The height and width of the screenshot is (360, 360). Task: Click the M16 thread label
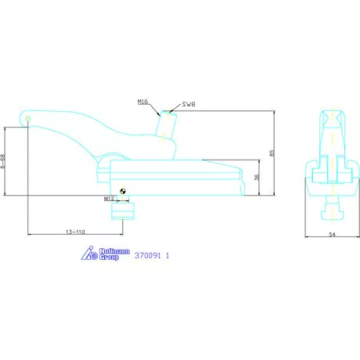142,102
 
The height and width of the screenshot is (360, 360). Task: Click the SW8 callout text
189,104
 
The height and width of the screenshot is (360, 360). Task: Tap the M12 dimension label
109,199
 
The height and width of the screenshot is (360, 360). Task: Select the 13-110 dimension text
75,232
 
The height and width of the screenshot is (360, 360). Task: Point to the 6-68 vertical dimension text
2,161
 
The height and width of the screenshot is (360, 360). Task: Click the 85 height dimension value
272,153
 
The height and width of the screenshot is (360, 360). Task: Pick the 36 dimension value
257,177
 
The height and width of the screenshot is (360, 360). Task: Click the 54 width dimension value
332,234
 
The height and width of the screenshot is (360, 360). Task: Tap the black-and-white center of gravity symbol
123,191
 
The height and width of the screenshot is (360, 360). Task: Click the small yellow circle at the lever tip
28,119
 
